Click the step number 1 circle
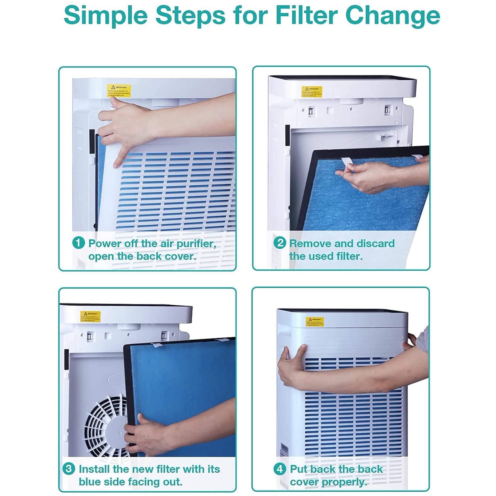point(78,243)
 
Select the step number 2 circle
point(280,243)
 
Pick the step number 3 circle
point(69,468)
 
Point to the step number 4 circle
point(280,469)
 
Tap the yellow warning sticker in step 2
point(312,92)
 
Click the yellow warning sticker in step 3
point(90,317)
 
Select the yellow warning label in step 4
point(315,322)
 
